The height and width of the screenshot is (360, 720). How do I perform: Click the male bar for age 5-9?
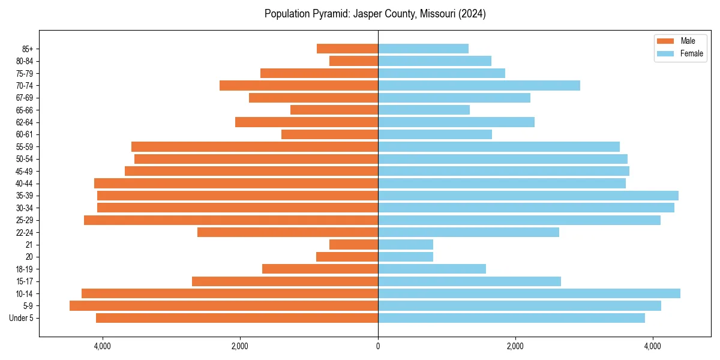tap(224, 306)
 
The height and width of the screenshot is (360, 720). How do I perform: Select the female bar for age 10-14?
tap(529, 293)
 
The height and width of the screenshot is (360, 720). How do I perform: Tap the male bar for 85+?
tap(347, 49)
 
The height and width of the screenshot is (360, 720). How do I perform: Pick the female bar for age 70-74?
tap(479, 85)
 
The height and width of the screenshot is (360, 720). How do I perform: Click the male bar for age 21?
tap(353, 244)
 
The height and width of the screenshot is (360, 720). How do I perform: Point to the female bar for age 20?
tap(406, 257)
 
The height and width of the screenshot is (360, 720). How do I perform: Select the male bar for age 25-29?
tap(231, 220)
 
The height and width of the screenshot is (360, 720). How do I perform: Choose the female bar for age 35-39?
tap(528, 196)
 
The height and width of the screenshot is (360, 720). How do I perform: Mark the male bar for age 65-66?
tap(334, 110)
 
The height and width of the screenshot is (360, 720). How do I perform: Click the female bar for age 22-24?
tap(469, 232)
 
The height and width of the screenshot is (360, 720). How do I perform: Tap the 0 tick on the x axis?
tap(378, 346)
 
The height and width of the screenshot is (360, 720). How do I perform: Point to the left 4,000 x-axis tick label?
tap(103, 346)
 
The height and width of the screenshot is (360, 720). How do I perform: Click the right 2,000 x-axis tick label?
tap(515, 346)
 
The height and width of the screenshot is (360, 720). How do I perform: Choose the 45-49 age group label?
tap(25, 171)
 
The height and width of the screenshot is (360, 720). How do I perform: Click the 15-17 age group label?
tap(25, 281)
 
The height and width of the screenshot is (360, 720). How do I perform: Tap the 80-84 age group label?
tap(25, 61)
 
